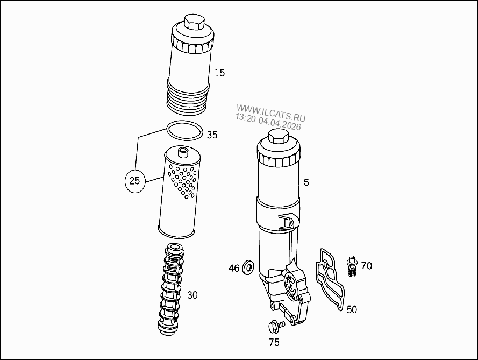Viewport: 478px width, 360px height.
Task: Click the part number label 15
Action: pyautogui.click(x=219, y=73)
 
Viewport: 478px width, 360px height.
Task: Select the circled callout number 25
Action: pyautogui.click(x=135, y=181)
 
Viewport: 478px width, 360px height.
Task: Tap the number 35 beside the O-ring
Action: pyautogui.click(x=212, y=135)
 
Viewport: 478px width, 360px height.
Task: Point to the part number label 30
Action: pyautogui.click(x=192, y=295)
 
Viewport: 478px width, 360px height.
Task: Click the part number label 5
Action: pyautogui.click(x=306, y=182)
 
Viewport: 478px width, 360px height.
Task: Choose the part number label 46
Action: pyautogui.click(x=234, y=268)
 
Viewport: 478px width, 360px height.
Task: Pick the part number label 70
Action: pyautogui.click(x=366, y=266)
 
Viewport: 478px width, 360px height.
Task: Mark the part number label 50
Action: pyautogui.click(x=351, y=309)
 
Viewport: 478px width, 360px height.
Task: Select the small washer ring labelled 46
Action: pyautogui.click(x=249, y=266)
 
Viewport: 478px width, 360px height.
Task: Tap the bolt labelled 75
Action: pyautogui.click(x=274, y=326)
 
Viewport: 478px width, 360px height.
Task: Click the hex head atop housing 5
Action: pyautogui.click(x=277, y=138)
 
